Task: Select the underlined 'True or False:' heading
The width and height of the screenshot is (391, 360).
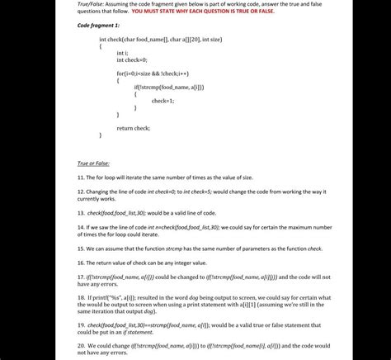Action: (93, 163)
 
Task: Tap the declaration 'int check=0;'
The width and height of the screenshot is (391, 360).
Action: (131, 59)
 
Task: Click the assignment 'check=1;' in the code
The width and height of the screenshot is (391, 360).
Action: (163, 100)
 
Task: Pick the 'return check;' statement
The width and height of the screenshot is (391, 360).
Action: (133, 128)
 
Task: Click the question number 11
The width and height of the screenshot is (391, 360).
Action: (80, 177)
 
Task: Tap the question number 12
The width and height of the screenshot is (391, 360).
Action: (80, 191)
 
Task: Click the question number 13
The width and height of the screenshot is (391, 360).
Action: (80, 212)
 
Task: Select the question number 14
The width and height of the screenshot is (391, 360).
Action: (80, 225)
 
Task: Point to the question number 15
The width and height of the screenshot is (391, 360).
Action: (80, 247)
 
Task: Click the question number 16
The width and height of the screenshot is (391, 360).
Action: (80, 262)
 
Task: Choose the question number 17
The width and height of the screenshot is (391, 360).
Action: (80, 276)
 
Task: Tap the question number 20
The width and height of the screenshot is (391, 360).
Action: (80, 345)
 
